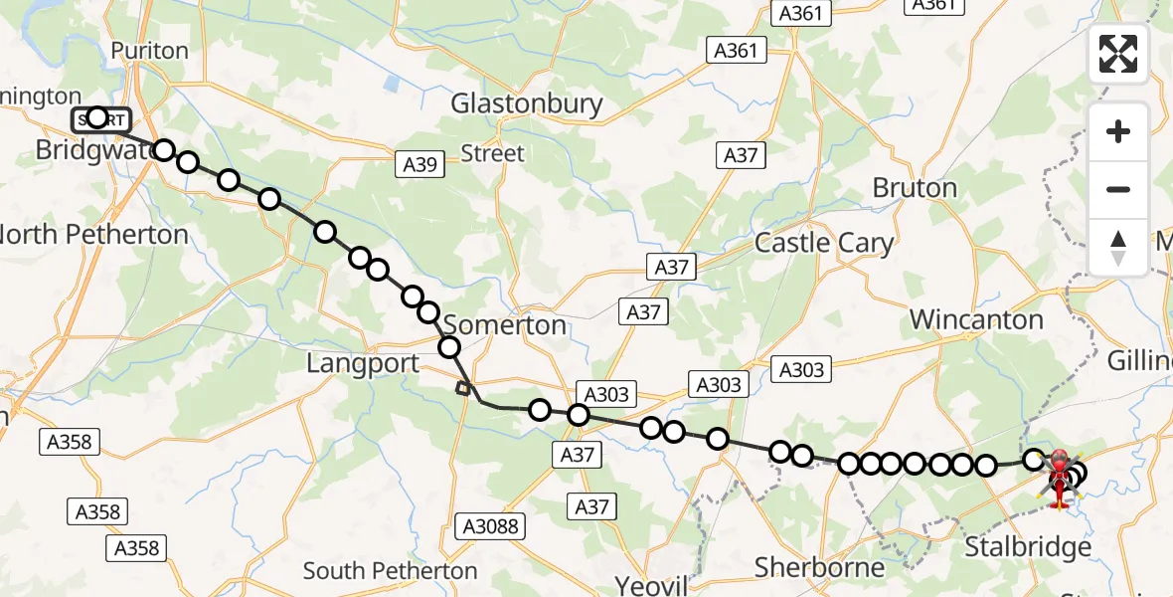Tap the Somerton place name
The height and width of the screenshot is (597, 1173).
(x=504, y=325)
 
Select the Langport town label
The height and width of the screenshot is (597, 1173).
(x=363, y=363)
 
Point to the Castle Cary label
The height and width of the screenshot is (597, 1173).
(x=824, y=242)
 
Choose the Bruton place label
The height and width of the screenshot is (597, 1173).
(x=915, y=188)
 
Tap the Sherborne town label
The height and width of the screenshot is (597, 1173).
(x=819, y=567)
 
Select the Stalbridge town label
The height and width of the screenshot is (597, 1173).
(x=1029, y=547)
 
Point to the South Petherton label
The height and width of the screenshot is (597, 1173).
(x=390, y=571)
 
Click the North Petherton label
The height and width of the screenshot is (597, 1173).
(x=93, y=235)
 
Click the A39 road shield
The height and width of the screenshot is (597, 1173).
(x=420, y=165)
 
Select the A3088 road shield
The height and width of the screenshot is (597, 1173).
(x=492, y=525)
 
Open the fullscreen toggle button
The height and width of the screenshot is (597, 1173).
(x=1118, y=54)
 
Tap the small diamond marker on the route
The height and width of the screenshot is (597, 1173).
(x=462, y=388)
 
